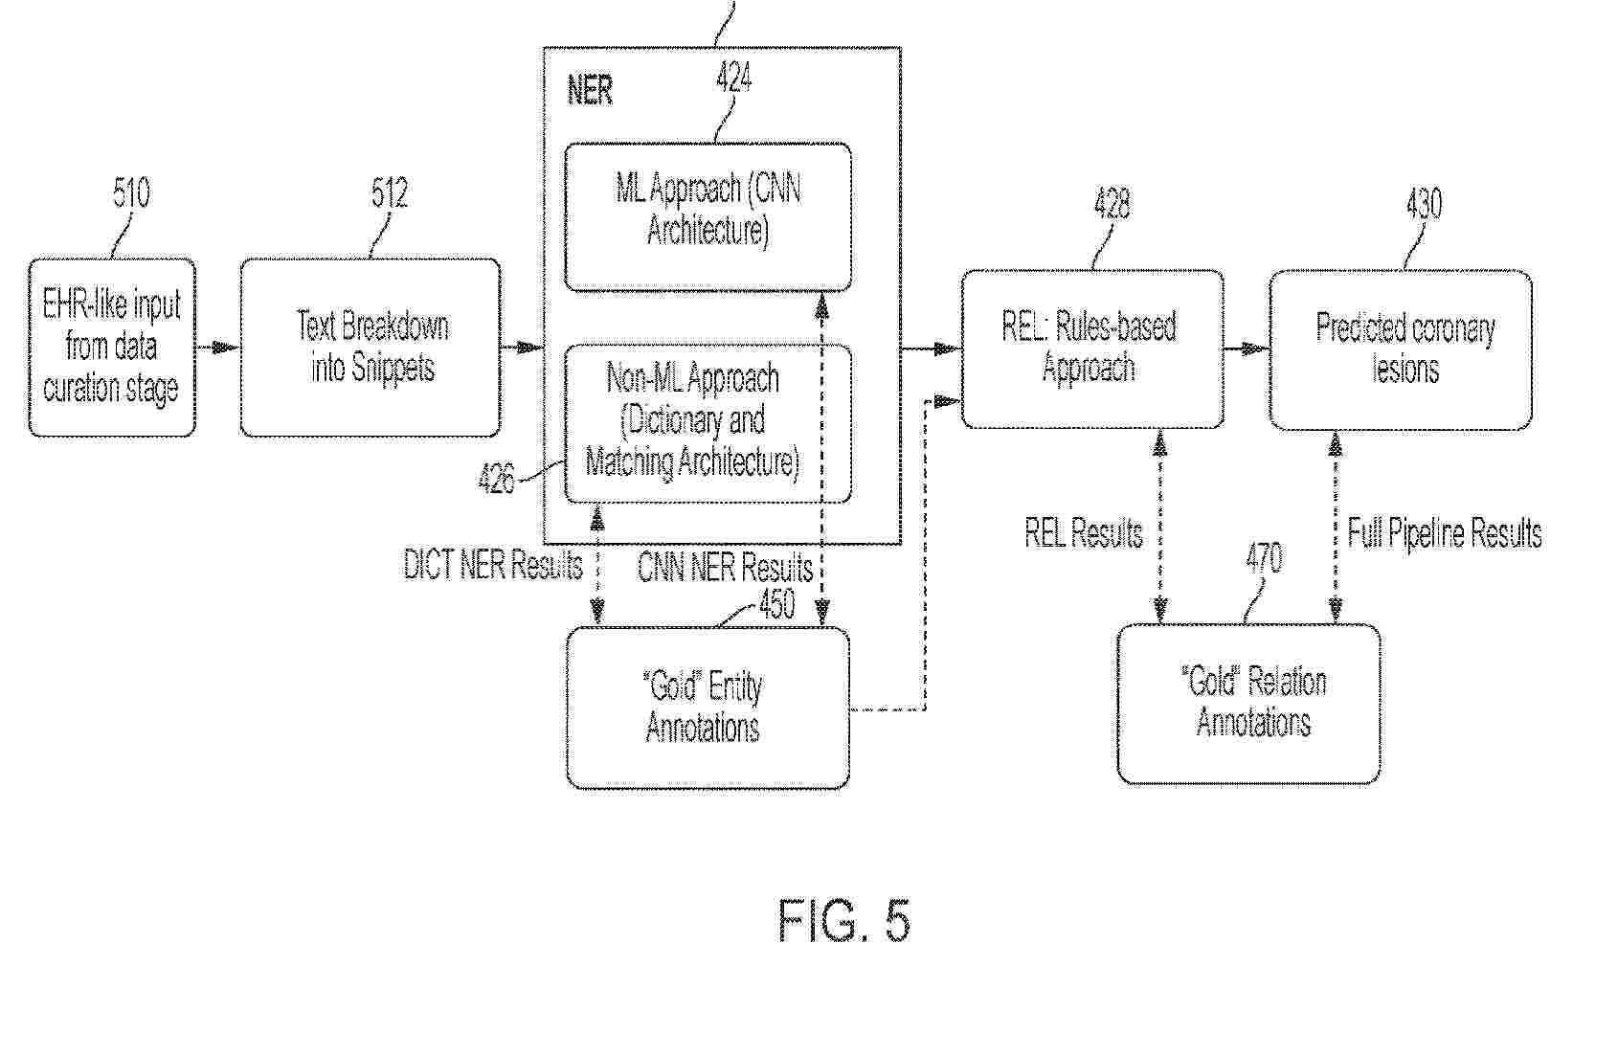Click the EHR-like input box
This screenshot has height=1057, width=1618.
pyautogui.click(x=112, y=347)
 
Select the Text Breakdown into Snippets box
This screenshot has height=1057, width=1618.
pyautogui.click(x=371, y=347)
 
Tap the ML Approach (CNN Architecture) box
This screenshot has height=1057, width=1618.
pyautogui.click(x=708, y=216)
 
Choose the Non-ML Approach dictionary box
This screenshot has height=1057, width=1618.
pyautogui.click(x=708, y=423)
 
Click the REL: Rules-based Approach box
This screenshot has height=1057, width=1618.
pyautogui.click(x=1092, y=349)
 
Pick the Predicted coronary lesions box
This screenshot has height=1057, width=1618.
pyautogui.click(x=1402, y=349)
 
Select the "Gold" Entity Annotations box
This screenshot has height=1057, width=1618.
pyautogui.click(x=708, y=708)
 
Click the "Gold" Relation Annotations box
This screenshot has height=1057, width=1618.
pyautogui.click(x=1249, y=704)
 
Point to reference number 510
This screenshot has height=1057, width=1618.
pyautogui.click(x=131, y=192)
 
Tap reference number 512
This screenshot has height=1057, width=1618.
pyautogui.click(x=390, y=192)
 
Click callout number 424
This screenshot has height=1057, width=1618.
pyautogui.click(x=734, y=77)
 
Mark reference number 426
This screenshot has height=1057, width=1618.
pyautogui.click(x=497, y=479)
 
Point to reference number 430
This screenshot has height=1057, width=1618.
pyautogui.click(x=1425, y=203)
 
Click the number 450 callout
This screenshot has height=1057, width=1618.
pyautogui.click(x=777, y=603)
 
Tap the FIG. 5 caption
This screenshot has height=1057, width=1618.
pyautogui.click(x=843, y=920)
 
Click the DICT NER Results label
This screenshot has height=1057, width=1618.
pyautogui.click(x=493, y=564)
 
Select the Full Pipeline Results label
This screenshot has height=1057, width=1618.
pyautogui.click(x=1445, y=533)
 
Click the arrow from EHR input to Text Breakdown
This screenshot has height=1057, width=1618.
pyautogui.click(x=217, y=348)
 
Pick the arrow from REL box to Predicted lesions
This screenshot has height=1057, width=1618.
pyautogui.click(x=1247, y=349)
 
